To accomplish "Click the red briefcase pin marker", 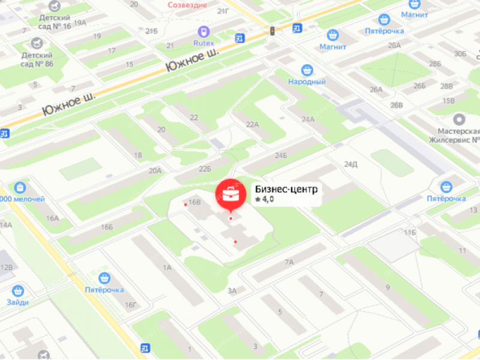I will pyautogui.click(x=231, y=194).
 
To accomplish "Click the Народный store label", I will pyautogui.click(x=307, y=82).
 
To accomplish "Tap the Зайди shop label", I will pyautogui.click(x=18, y=302).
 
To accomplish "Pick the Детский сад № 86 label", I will pyautogui.click(x=37, y=59).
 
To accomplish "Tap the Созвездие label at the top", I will pyautogui.click(x=188, y=5).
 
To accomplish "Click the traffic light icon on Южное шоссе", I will pyautogui.click(x=272, y=31).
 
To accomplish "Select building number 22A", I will pyautogui.click(x=252, y=124).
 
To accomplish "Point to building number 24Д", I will pyautogui.click(x=351, y=164).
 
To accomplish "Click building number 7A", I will pyautogui.click(x=289, y=262).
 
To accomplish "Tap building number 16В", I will pyautogui.click(x=194, y=202).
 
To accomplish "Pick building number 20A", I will pyautogui.click(x=155, y=171).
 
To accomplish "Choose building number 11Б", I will pyautogui.click(x=410, y=232).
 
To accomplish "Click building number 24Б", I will pyautogui.click(x=281, y=156).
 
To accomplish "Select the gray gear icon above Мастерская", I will pyautogui.click(x=459, y=119).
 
